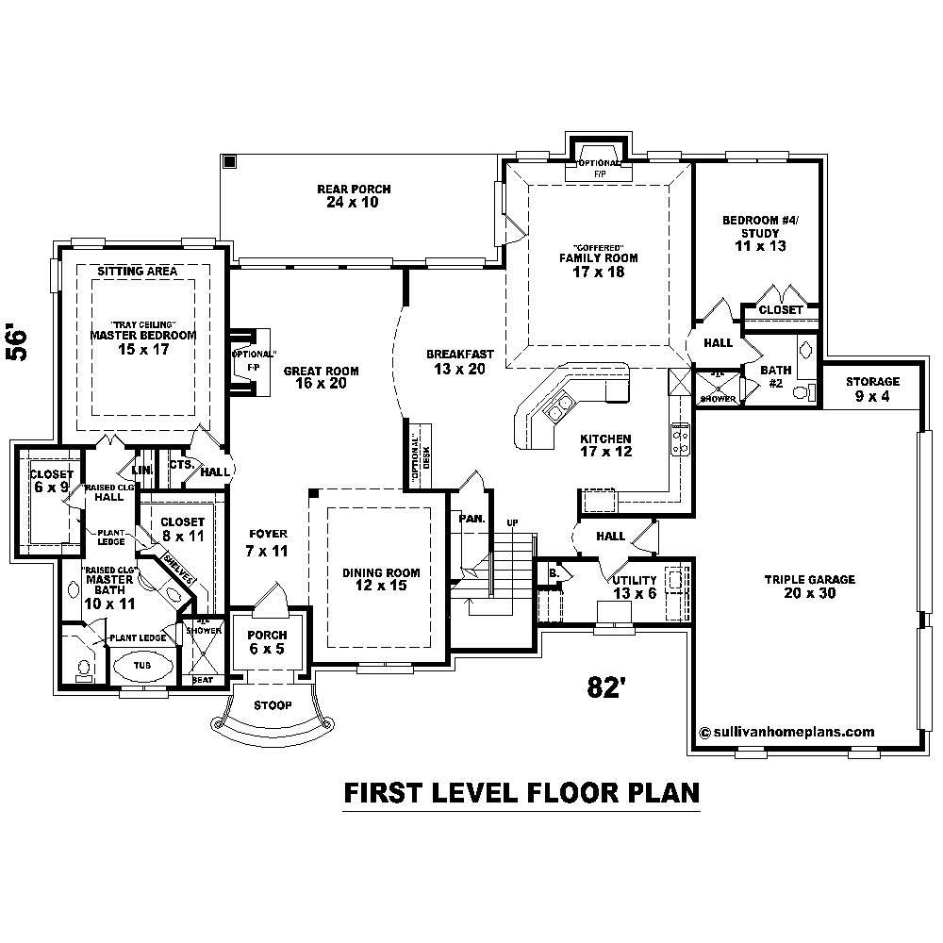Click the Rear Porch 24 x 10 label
(x=354, y=196)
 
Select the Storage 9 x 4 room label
(x=872, y=389)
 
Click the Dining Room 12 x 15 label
(x=381, y=579)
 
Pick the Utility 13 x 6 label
(x=635, y=587)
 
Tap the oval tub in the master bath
(x=143, y=665)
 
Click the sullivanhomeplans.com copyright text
(x=787, y=732)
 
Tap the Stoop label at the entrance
(x=273, y=705)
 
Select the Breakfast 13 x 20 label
(x=459, y=361)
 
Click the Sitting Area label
(x=138, y=272)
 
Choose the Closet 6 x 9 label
(x=51, y=481)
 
